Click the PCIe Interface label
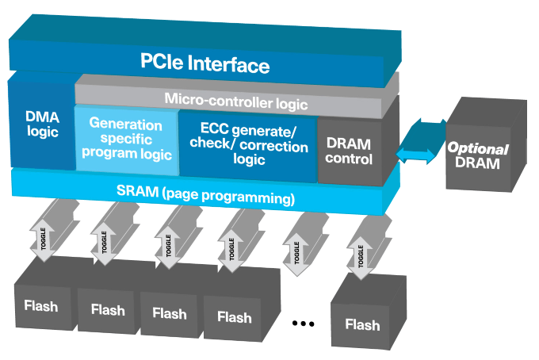pyautogui.click(x=205, y=64)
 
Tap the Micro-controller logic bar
pyautogui.click(x=236, y=101)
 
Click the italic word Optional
pyautogui.click(x=478, y=149)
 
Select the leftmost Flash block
pyautogui.click(x=40, y=305)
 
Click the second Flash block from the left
pyautogui.click(x=107, y=310)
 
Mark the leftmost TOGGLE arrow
pyautogui.click(x=44, y=235)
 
